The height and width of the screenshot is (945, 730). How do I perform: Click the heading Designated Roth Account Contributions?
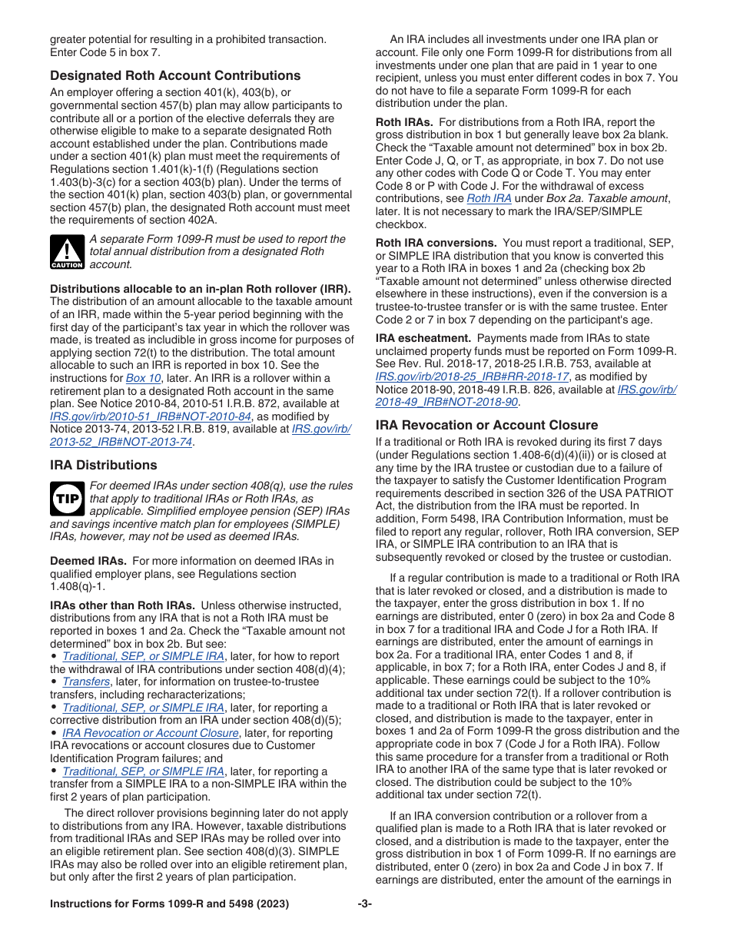175,75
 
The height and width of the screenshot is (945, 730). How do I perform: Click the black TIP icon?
66,499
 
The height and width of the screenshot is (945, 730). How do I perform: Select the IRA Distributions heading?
103,465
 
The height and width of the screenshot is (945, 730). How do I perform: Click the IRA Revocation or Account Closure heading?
486,425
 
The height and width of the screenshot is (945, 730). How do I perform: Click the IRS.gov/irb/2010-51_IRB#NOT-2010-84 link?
151,416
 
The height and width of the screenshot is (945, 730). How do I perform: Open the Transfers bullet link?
86,681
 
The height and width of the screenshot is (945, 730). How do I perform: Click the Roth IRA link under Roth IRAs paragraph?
489,198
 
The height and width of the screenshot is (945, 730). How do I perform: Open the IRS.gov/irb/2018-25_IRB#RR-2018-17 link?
472,376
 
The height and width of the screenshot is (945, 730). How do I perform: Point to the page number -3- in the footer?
364,904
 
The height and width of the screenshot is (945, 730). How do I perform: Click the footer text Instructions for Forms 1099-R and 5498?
169,904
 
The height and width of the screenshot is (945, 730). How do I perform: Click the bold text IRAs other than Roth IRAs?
122,605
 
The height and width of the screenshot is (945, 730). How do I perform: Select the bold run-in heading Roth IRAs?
404,122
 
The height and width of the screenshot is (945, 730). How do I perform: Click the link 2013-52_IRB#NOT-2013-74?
121,441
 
